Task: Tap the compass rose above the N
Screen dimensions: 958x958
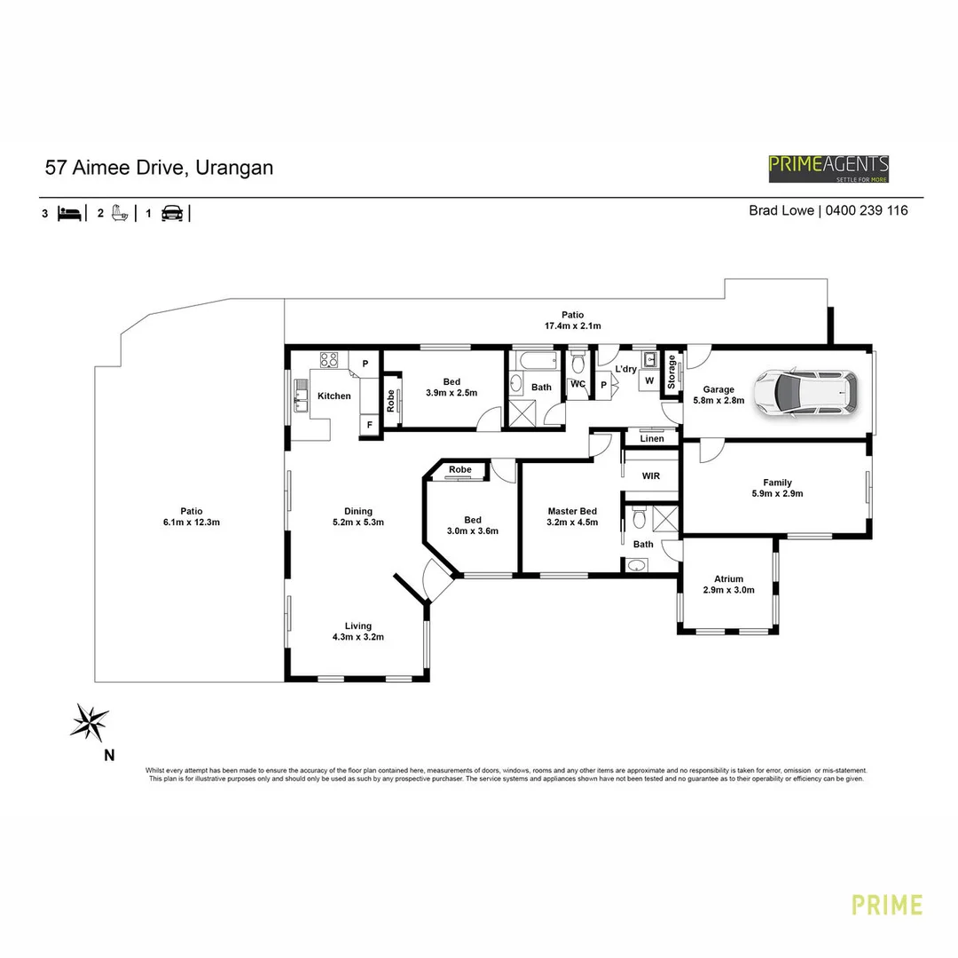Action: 90,721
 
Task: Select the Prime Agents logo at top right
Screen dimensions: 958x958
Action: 828,168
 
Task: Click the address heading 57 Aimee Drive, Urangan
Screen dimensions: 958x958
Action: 159,168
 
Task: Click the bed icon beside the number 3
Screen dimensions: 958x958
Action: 70,214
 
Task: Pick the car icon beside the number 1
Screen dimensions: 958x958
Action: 172,214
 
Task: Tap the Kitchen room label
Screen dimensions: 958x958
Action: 334,397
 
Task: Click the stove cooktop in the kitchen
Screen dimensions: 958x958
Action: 330,360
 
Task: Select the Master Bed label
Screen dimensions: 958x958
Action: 572,512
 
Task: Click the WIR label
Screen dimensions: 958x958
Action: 651,476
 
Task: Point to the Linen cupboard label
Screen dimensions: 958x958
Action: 651,439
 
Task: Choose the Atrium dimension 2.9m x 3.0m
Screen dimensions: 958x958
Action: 728,589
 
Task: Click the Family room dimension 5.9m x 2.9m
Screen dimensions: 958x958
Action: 777,494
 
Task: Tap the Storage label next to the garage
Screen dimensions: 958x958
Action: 671,372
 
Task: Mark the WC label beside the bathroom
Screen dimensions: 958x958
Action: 577,384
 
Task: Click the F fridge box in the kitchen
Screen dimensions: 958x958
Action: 369,426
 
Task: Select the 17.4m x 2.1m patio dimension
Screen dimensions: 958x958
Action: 572,326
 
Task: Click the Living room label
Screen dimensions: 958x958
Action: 358,625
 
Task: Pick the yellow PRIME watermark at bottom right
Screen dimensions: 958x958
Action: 887,905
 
